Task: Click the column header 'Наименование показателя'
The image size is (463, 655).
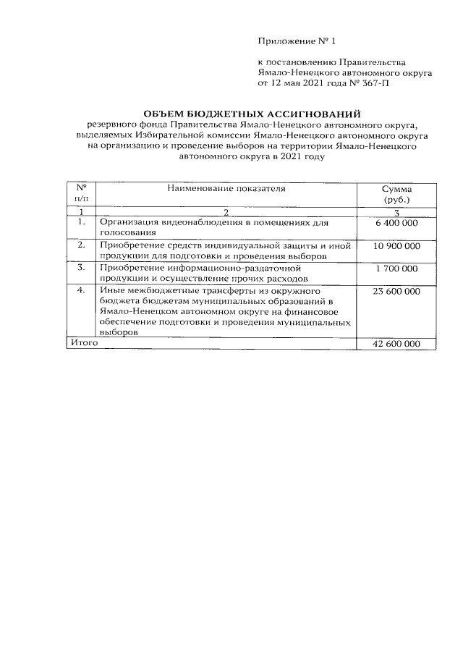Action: (226, 189)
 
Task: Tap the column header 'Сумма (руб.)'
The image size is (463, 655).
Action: (396, 193)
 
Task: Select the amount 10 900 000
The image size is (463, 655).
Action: (396, 246)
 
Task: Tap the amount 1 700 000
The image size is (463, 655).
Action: (396, 269)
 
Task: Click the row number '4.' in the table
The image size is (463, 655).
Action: (81, 292)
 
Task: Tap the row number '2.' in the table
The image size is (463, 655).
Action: (81, 246)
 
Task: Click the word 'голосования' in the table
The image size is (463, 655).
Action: (127, 233)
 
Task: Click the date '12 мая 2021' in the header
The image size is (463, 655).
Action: (300, 83)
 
